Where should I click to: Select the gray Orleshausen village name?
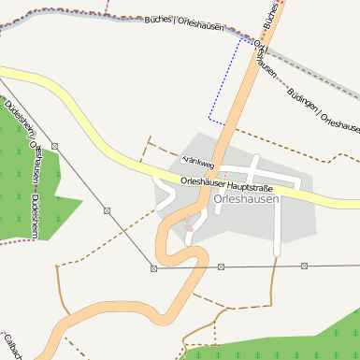pos(246,198)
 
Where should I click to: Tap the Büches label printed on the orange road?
pos(270,14)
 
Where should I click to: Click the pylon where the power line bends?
pos(153,268)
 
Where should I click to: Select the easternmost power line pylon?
pos(303,266)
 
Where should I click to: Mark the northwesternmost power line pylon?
pos(55,146)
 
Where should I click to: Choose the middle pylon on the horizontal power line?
pos(222,267)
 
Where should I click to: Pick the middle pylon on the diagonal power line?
pos(108,211)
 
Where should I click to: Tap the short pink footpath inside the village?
pos(190,223)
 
